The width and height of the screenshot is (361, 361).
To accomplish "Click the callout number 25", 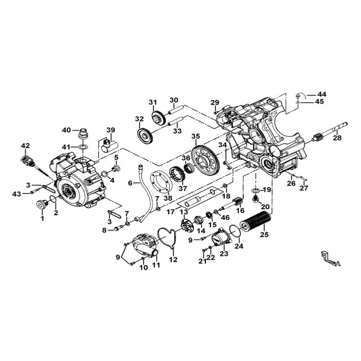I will coord(264,235).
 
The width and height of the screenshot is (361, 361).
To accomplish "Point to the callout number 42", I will coord(25,146).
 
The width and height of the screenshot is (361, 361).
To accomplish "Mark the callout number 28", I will coord(337,138).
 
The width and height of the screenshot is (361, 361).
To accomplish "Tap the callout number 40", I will coord(66,130).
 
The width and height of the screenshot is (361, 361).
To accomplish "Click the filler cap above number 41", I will coord(83,134).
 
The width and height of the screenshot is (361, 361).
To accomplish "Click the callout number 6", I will coord(130,183).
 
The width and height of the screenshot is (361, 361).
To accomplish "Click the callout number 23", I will coord(224,254).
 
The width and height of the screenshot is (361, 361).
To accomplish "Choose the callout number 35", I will coord(195,136).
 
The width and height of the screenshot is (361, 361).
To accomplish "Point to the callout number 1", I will coord(42,218).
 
